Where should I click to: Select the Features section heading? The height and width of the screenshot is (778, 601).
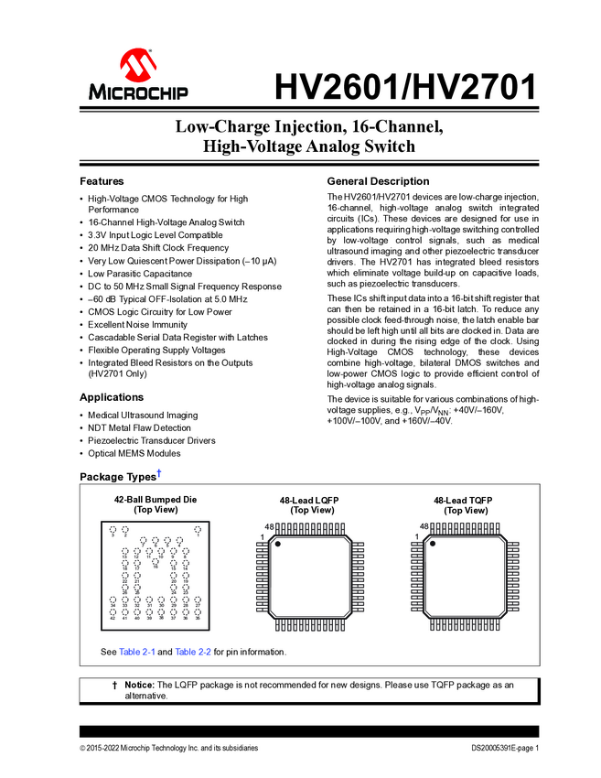[x=102, y=181]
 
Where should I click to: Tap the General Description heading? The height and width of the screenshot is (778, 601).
[x=378, y=181]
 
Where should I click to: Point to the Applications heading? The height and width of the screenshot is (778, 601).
[x=112, y=397]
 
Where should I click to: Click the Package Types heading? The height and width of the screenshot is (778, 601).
[x=118, y=477]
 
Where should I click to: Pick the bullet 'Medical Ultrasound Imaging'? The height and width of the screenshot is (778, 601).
[x=143, y=416]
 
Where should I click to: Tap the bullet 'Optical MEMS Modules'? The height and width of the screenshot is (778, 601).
[x=134, y=453]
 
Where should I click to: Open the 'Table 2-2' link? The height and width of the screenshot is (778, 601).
[x=193, y=652]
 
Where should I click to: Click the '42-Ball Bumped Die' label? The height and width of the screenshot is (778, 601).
[x=156, y=500]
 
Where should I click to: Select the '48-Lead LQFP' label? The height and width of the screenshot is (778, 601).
[x=310, y=500]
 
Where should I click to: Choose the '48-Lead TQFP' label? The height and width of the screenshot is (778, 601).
[x=463, y=500]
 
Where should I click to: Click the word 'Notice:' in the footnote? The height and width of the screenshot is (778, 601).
[x=139, y=685]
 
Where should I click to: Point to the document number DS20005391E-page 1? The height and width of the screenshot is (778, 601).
[x=499, y=749]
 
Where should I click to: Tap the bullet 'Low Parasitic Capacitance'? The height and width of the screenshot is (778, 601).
[x=140, y=274]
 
